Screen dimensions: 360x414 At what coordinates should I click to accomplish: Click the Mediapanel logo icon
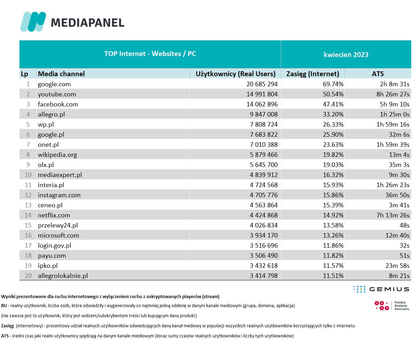coord(33,22)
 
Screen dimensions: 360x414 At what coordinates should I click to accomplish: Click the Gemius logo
coord(381,289)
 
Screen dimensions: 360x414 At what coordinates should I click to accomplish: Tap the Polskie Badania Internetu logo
coord(391,306)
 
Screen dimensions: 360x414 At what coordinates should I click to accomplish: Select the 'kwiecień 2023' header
coord(346,55)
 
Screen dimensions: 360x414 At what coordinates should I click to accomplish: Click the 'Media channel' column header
coord(62,74)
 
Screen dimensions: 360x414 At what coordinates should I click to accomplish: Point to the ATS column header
coord(378,74)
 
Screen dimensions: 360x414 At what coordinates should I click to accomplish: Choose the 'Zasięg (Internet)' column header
coord(312,74)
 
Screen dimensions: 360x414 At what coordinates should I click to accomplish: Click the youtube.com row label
coord(57,94)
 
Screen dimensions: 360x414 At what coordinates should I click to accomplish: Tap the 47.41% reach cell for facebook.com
coord(333,104)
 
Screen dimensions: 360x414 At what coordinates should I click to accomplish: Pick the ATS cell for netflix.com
coord(393,215)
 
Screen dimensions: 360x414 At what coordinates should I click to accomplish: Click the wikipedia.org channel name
coord(57,155)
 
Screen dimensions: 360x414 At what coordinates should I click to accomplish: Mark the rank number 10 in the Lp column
coord(28,175)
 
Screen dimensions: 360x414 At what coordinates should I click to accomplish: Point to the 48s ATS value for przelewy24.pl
coord(404,225)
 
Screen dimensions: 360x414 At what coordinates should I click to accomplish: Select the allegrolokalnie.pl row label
coord(63,276)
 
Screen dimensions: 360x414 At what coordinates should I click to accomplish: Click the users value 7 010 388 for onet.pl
coord(263,145)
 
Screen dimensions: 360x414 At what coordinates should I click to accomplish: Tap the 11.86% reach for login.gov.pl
coord(333,246)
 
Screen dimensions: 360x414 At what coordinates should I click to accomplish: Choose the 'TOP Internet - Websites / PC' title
coord(150,54)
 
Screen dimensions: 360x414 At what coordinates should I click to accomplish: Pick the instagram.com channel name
coord(59,195)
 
